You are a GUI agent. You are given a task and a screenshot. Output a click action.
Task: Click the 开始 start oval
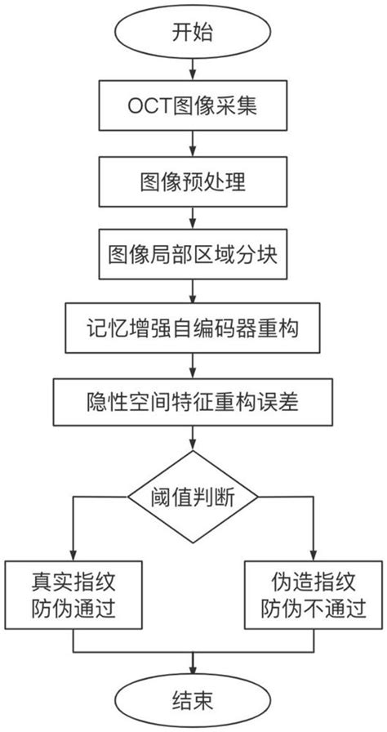coord(193,33)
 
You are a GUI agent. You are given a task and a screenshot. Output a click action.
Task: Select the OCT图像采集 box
coord(193,107)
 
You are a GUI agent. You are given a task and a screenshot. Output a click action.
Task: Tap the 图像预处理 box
coord(193,181)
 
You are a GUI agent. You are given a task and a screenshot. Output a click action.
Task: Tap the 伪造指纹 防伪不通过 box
coord(314,595)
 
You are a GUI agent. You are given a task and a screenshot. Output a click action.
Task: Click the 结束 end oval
coord(193,699)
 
